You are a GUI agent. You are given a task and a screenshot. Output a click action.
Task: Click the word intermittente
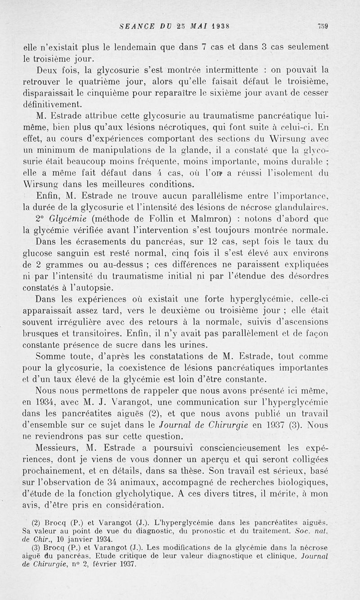tap(232, 70)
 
